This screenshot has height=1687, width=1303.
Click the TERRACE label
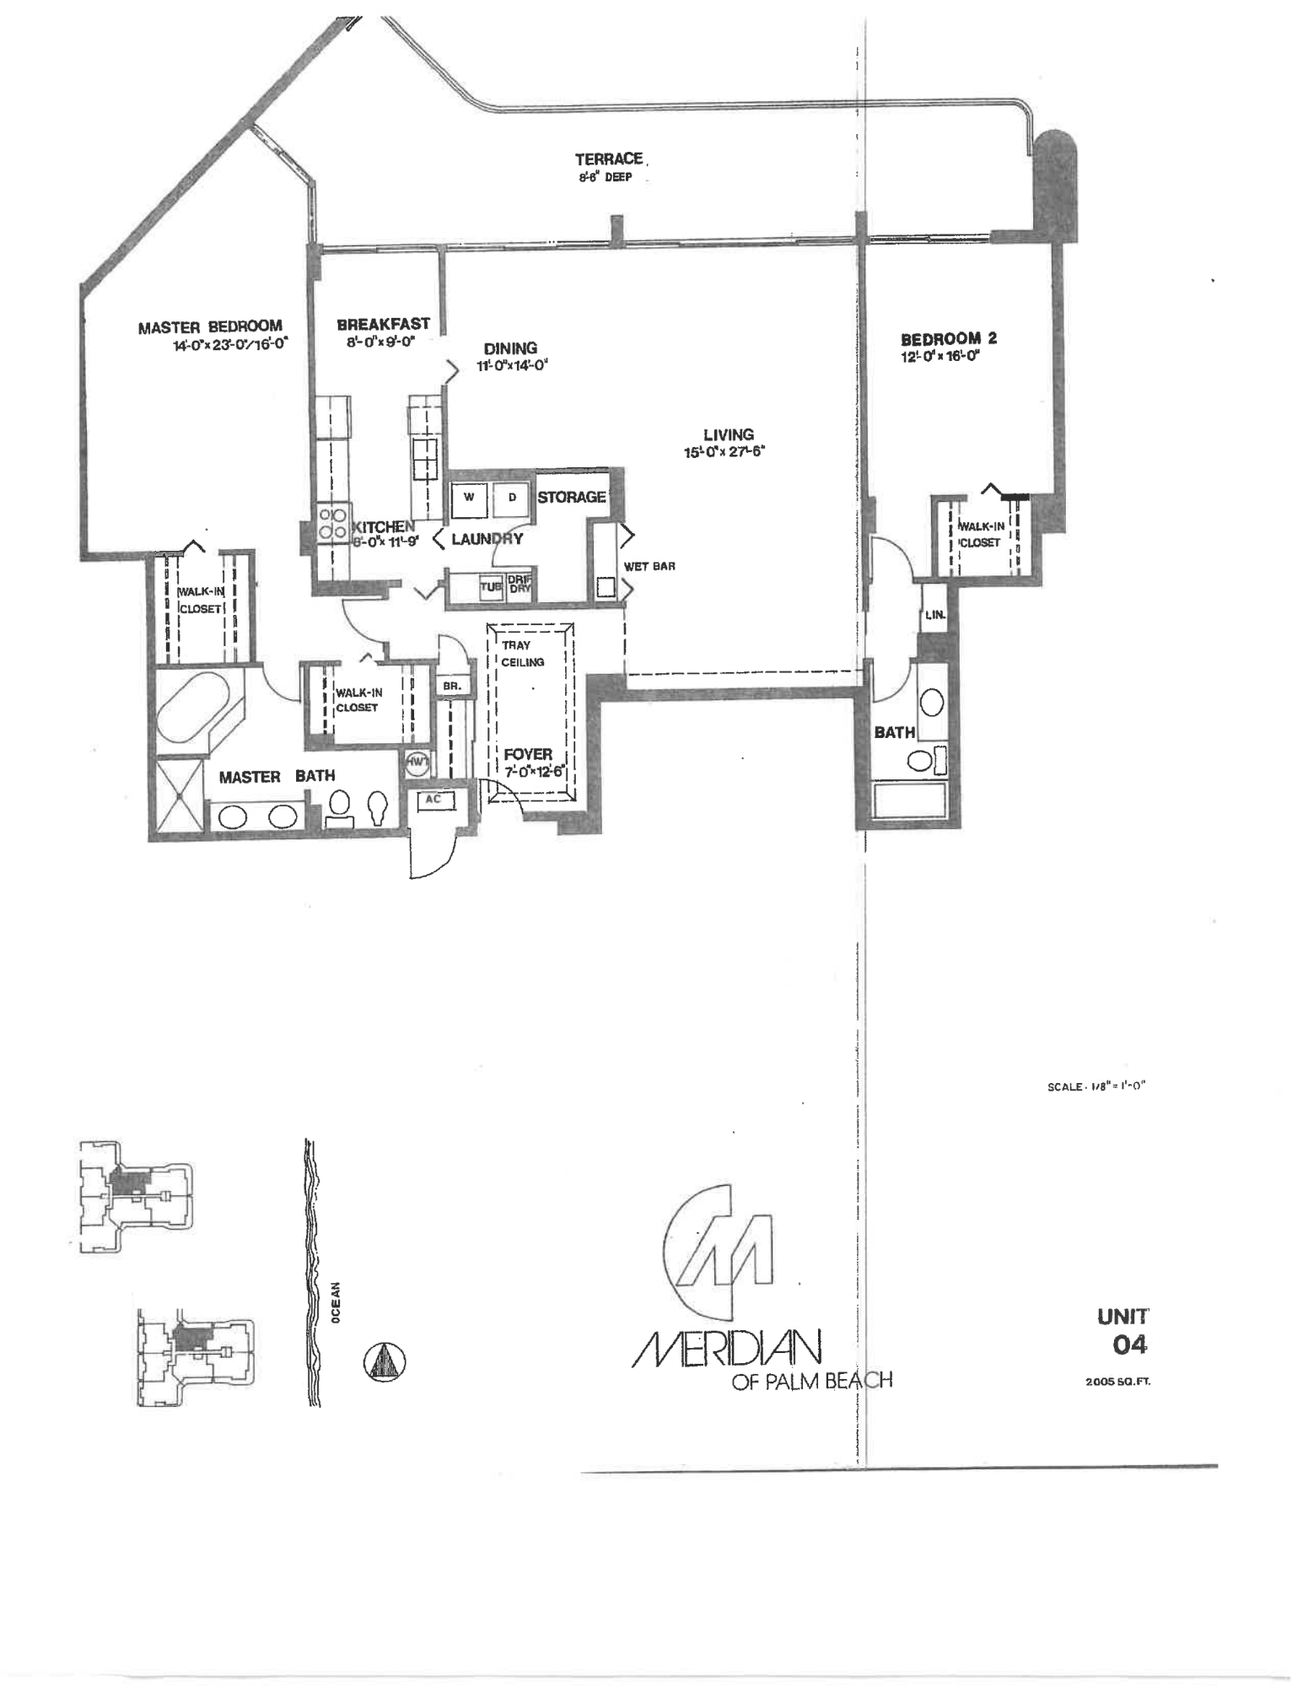coord(609,159)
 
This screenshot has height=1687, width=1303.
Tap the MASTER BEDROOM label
coord(210,326)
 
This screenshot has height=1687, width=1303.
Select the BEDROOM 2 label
coord(949,339)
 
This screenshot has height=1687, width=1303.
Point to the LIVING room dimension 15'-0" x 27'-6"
coord(724,453)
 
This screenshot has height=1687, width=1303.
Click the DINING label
coord(510,348)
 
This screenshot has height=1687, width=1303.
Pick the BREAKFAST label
coord(383,324)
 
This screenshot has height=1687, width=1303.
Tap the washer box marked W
coord(468,499)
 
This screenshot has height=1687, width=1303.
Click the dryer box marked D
coord(511,499)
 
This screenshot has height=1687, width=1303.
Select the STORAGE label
coord(572,498)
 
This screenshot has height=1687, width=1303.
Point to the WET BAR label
coord(649,566)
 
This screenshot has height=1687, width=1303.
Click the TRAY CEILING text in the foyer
coord(523,654)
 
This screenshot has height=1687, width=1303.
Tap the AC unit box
coord(433,799)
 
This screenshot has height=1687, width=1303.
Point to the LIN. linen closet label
coord(934,615)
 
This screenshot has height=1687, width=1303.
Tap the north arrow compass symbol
coord(385,1361)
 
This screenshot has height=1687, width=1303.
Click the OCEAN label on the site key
coord(336,1303)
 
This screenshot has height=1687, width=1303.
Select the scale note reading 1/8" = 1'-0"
coord(1096,1086)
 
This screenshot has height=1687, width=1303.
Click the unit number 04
coord(1129,1345)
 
